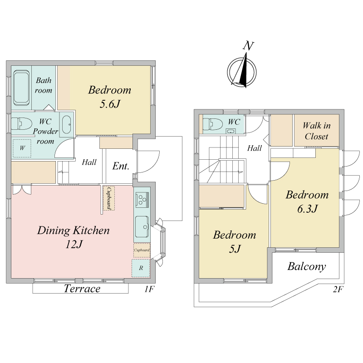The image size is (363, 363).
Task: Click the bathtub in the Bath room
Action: [21, 88]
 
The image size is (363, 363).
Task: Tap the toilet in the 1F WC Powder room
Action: [21, 123]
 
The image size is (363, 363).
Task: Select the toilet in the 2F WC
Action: [213, 124]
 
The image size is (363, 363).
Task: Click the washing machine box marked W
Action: [22, 148]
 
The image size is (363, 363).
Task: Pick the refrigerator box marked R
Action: [141, 268]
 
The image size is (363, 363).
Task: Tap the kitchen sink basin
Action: [142, 226]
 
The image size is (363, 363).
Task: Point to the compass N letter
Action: [248, 46]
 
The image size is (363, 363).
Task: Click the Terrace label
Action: [82, 289]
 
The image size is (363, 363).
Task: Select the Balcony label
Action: [307, 266]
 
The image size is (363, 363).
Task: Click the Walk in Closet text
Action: [316, 131]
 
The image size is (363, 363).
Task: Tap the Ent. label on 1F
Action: [121, 166]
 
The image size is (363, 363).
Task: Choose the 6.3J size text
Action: [307, 209]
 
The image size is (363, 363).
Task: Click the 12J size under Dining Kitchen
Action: [74, 245]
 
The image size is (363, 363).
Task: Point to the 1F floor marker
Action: [150, 289]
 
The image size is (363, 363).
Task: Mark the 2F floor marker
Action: [338, 289]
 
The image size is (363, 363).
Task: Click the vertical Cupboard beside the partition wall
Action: [109, 198]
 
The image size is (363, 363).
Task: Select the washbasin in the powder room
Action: [67, 125]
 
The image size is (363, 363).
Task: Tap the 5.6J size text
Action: [110, 104]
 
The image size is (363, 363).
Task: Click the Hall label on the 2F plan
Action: [255, 148]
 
